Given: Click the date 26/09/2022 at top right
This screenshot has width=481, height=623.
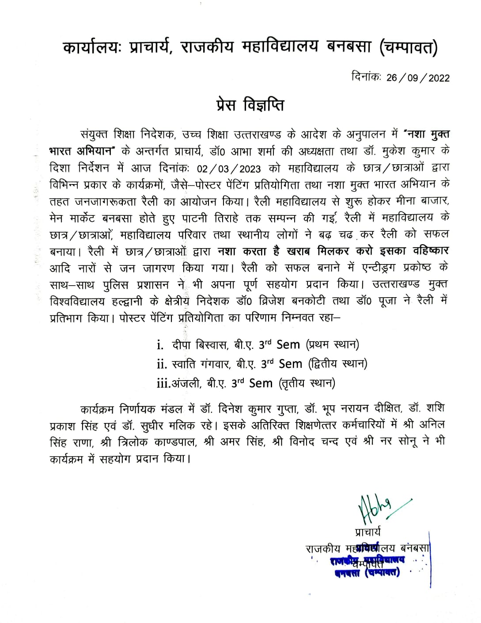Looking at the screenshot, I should [x=418, y=78].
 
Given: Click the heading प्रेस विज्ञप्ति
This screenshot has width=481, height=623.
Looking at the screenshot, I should [x=247, y=106].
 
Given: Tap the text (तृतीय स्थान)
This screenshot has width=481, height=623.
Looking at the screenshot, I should [x=307, y=383].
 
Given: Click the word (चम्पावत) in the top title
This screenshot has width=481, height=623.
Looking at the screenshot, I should [x=409, y=48].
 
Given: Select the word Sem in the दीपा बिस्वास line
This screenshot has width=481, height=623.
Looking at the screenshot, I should [x=288, y=344].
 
